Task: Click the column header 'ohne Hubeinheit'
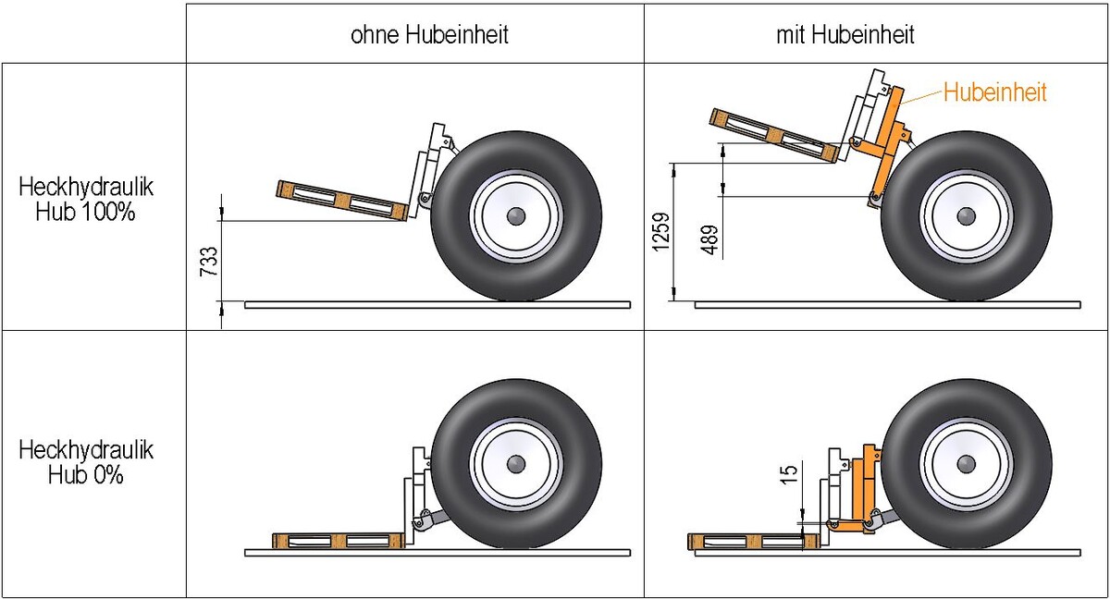click(x=429, y=36)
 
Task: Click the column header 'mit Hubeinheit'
click(x=845, y=36)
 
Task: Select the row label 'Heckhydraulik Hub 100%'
click(x=85, y=199)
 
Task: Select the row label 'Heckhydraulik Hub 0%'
click(x=85, y=462)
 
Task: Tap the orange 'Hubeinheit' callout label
click(x=994, y=92)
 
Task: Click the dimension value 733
click(x=210, y=262)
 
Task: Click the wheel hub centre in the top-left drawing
click(x=516, y=215)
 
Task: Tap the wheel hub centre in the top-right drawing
click(x=967, y=215)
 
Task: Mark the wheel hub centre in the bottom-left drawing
click(x=516, y=463)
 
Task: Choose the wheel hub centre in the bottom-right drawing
click(x=967, y=463)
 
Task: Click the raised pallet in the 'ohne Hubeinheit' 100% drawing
click(x=342, y=201)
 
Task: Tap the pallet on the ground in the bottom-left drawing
click(x=339, y=541)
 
